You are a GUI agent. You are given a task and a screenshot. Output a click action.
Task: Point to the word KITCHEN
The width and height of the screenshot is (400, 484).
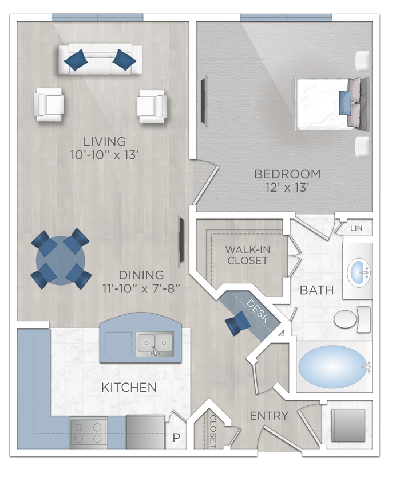tap(129, 388)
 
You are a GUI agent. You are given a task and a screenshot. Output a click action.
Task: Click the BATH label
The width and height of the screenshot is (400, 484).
tap(316, 290)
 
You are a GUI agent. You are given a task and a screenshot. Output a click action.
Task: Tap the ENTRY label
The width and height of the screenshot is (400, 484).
tap(269, 416)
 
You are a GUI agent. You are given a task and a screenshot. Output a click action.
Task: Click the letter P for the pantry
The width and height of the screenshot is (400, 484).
tap(176, 439)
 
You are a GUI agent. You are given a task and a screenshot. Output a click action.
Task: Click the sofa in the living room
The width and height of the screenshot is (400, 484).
tap(100, 58)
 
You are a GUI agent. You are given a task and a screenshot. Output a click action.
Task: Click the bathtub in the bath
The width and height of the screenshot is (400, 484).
tap(334, 367)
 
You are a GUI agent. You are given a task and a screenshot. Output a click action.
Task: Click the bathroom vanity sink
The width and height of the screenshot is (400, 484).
tap(359, 270)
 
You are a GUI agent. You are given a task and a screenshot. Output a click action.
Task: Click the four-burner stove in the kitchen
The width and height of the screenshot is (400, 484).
tap(89, 432)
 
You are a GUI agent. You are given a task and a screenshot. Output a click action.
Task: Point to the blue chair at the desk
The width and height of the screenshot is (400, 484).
tap(236, 325)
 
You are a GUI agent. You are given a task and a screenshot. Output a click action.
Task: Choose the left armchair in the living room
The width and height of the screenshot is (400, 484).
tap(49, 104)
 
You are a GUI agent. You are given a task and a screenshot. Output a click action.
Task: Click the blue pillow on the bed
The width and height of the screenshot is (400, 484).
tap(344, 103)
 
